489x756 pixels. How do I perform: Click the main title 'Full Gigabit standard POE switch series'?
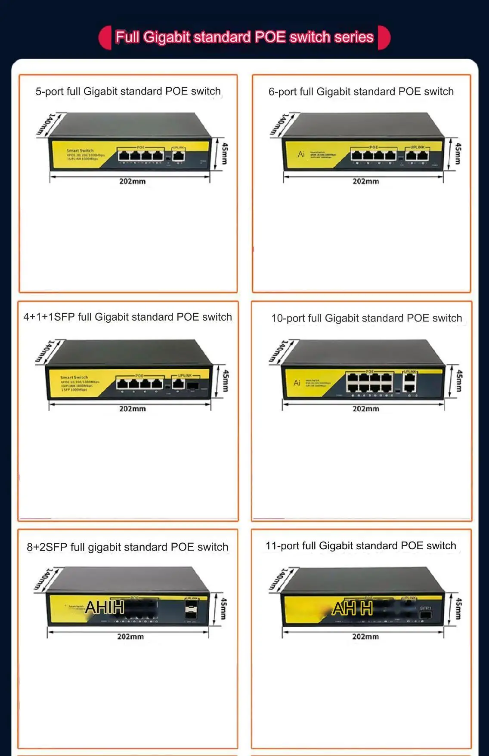click(244, 37)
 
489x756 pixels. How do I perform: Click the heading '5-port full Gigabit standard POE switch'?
click(128, 91)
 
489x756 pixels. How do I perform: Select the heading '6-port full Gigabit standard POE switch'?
click(361, 92)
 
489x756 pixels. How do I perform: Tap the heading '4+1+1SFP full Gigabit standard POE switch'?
click(127, 317)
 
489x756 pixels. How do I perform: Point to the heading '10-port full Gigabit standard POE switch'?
click(366, 318)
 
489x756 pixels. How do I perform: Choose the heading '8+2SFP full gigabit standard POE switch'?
click(127, 547)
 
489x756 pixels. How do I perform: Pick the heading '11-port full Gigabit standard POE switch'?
click(361, 546)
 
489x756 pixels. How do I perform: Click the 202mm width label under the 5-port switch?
click(132, 181)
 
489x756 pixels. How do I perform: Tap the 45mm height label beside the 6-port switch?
click(458, 153)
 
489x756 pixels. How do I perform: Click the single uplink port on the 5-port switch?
click(179, 155)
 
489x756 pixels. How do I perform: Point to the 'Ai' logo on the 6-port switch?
click(301, 154)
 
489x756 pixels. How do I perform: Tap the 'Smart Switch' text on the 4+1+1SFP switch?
click(74, 377)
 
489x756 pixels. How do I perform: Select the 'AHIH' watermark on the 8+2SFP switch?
click(105, 607)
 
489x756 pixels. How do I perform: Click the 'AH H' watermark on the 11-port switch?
click(352, 609)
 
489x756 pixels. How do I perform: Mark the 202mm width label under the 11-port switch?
click(365, 637)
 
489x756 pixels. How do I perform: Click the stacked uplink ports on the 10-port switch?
click(409, 382)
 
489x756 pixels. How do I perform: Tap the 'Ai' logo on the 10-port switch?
click(297, 383)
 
